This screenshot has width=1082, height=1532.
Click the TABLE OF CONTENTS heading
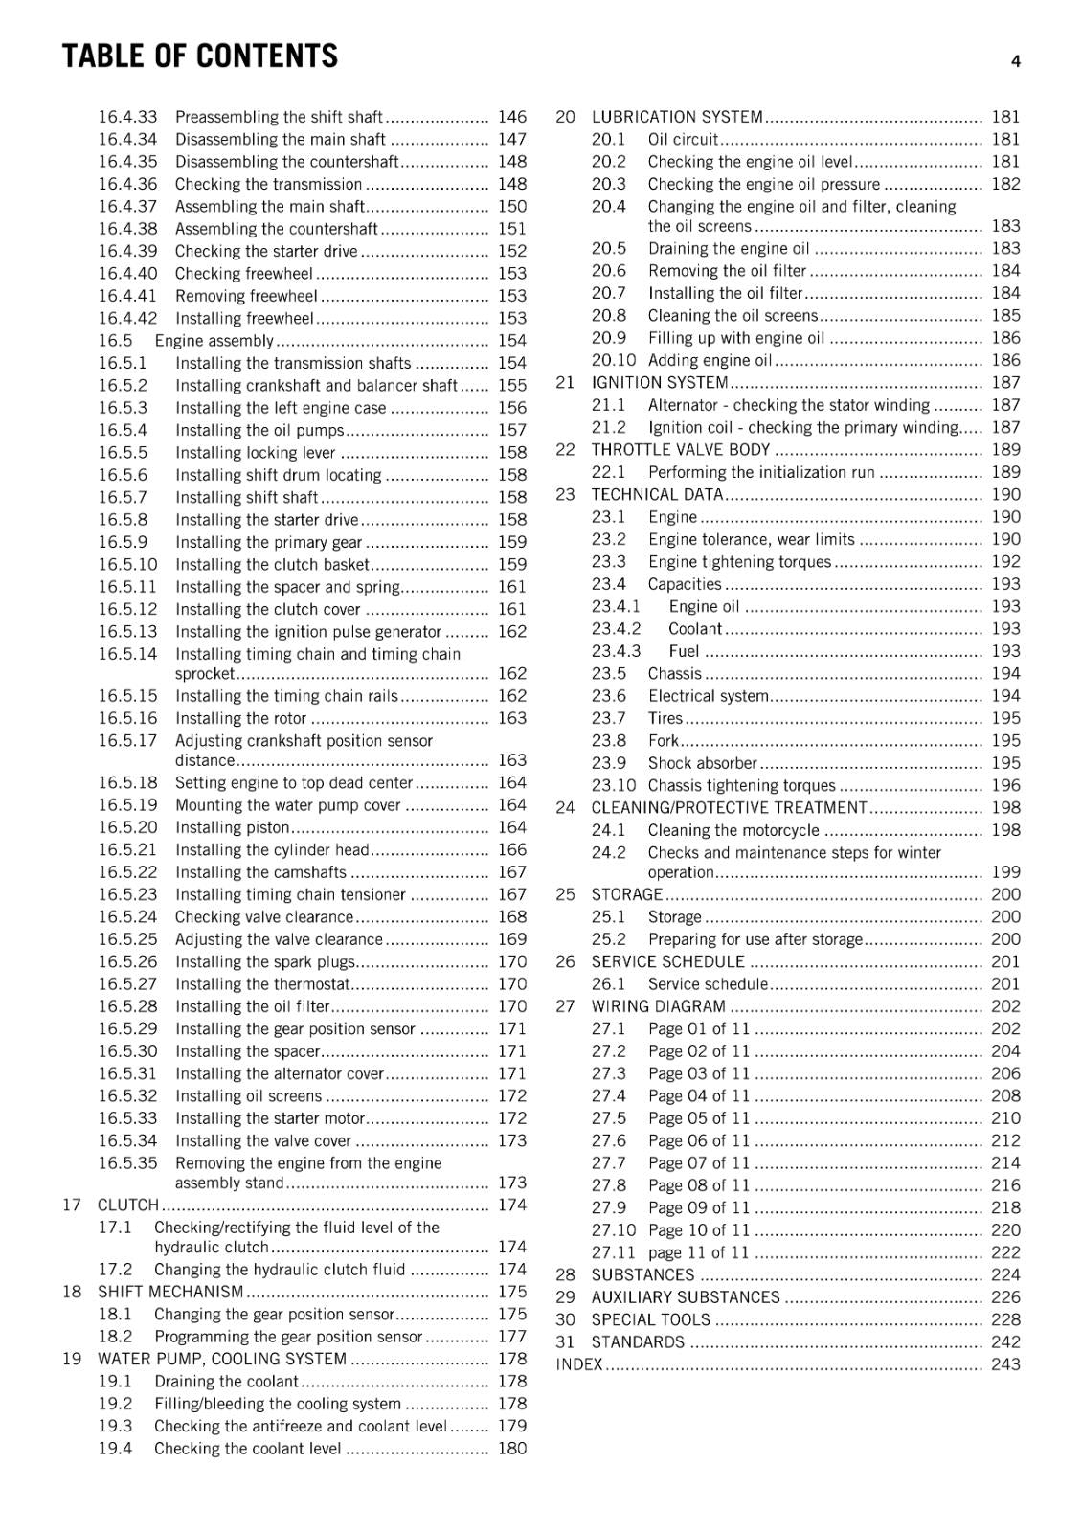click(199, 56)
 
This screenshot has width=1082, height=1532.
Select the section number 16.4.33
click(127, 117)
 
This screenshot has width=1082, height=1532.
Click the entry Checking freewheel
click(243, 274)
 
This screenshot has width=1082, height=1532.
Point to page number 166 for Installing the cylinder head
click(512, 850)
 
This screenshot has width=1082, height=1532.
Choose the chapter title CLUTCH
click(127, 1205)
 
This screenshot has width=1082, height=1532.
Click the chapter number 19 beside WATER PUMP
click(72, 1359)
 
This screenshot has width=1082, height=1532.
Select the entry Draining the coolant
click(226, 1382)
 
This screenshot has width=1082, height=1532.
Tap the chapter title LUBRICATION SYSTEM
click(677, 117)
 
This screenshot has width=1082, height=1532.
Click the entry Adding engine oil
click(710, 361)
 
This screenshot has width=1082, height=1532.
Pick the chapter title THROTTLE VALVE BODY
click(681, 450)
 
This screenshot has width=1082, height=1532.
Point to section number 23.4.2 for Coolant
click(616, 629)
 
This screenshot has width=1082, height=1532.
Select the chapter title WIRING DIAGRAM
click(659, 1006)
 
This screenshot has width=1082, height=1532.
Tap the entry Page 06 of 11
click(699, 1141)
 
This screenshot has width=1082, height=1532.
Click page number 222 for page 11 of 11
click(1005, 1253)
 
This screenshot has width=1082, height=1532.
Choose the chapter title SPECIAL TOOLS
click(651, 1320)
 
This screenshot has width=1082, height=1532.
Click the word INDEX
click(579, 1365)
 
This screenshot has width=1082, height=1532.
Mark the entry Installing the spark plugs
click(264, 962)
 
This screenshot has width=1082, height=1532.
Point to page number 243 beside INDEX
click(1005, 1365)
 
